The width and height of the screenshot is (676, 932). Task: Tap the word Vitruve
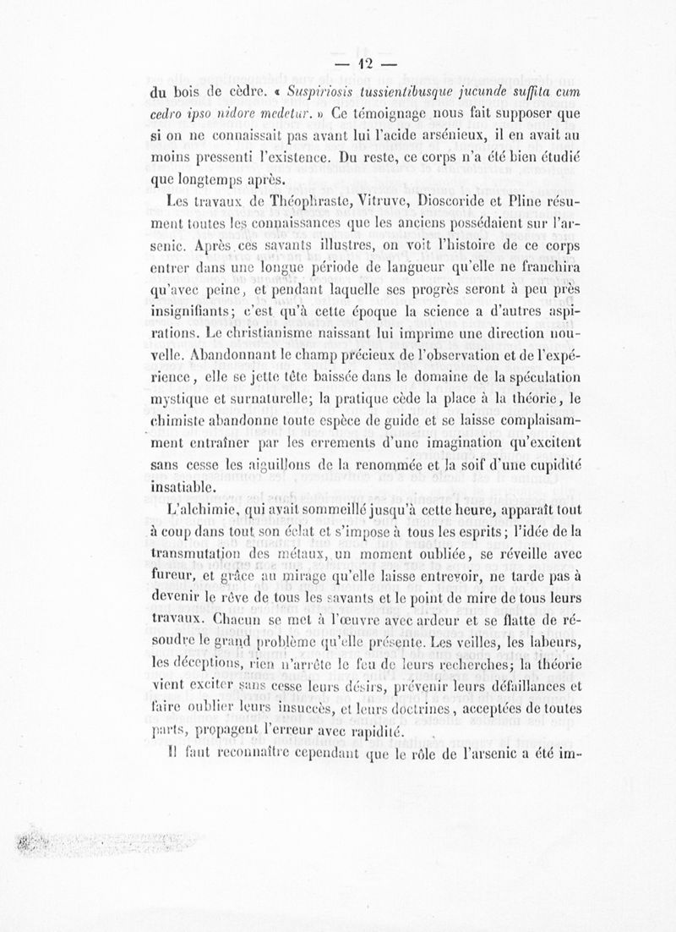[x=366, y=202]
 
